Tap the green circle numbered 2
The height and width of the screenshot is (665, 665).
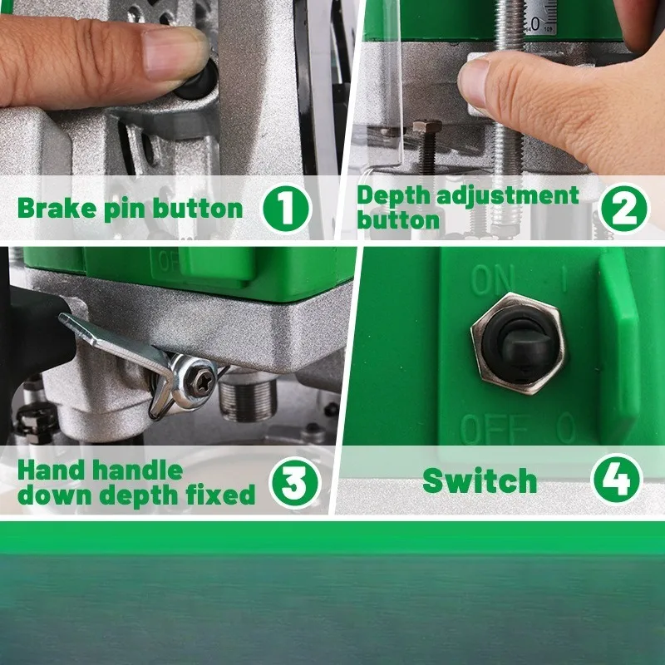(x=624, y=209)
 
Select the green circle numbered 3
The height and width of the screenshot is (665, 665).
(x=295, y=483)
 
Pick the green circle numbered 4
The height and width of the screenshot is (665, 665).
(x=618, y=480)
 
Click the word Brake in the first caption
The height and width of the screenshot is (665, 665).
(x=57, y=209)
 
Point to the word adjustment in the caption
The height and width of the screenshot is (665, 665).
(x=508, y=197)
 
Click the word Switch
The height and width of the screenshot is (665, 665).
(x=480, y=480)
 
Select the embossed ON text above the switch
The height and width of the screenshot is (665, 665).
(x=492, y=279)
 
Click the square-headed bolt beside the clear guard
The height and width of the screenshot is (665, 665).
(x=427, y=146)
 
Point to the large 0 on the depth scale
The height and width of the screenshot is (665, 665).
(x=535, y=24)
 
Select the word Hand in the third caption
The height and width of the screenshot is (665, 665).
(x=50, y=470)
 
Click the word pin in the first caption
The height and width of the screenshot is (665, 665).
(x=126, y=209)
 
